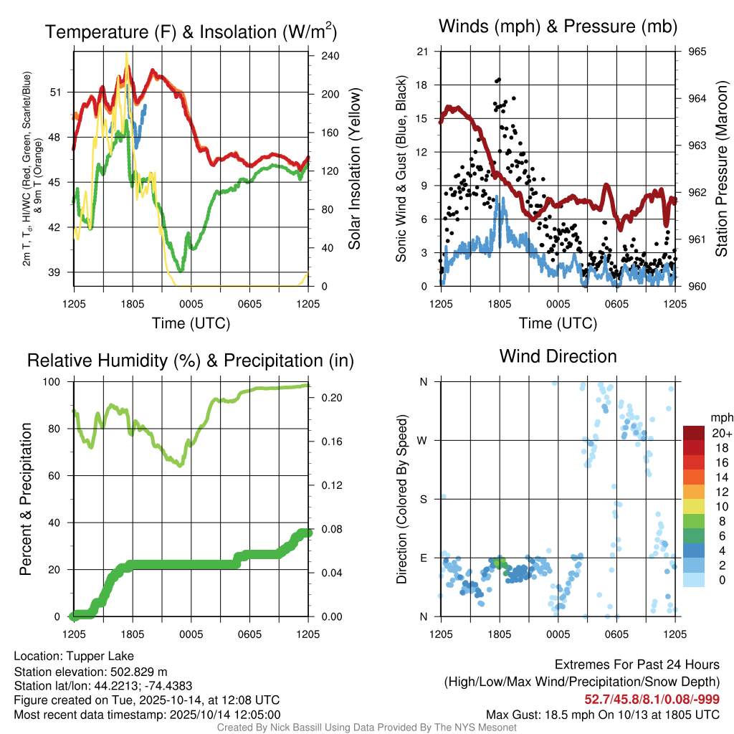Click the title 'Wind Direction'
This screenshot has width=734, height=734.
[x=558, y=356]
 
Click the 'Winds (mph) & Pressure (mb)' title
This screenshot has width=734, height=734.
[x=558, y=27]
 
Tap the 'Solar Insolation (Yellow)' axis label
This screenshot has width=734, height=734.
[x=354, y=169]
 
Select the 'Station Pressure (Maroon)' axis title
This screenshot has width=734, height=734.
[x=722, y=169]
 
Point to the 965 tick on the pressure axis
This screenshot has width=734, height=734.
[x=697, y=52]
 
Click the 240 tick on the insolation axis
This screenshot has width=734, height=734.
[x=321, y=56]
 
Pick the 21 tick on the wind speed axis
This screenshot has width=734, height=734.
[x=422, y=52]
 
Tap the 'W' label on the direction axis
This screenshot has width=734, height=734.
[x=423, y=440]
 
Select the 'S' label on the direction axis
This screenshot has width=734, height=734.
[x=424, y=499]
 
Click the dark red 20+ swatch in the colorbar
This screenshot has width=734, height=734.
[x=695, y=433]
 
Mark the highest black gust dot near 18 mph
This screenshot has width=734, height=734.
[x=499, y=80]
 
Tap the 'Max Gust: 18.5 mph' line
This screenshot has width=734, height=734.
[x=603, y=714]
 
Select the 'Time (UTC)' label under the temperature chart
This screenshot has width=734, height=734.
[x=191, y=323]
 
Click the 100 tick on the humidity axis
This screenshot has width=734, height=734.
[x=55, y=382]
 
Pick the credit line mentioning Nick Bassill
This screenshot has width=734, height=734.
[x=367, y=728]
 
